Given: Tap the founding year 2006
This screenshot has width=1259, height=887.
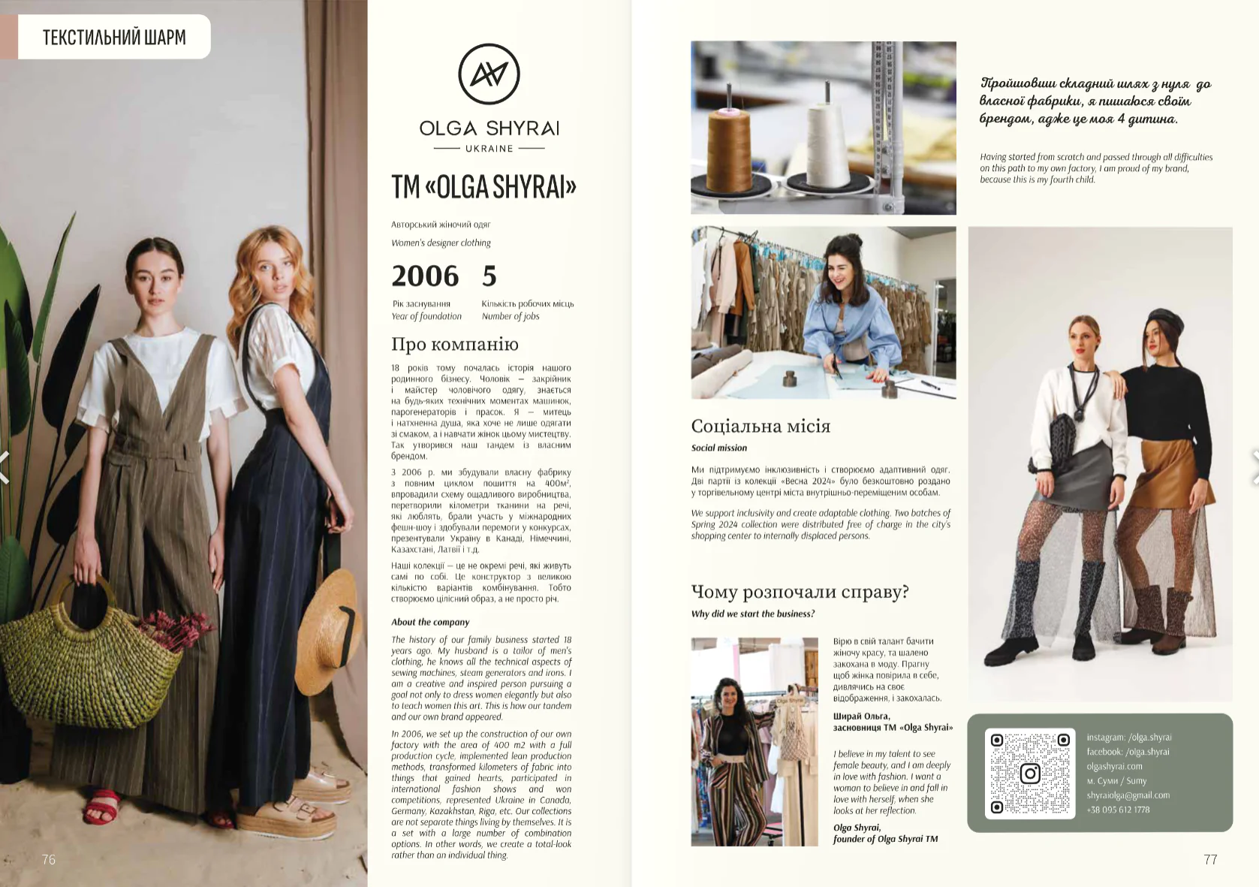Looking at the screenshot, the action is (x=425, y=276).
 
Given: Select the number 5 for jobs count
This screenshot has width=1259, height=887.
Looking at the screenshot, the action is (x=489, y=276).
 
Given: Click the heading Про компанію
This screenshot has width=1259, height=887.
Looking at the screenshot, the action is (x=455, y=344).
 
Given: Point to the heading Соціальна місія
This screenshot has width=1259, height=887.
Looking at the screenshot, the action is (x=761, y=426).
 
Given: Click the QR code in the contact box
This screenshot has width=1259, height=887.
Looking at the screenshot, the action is (x=1030, y=774).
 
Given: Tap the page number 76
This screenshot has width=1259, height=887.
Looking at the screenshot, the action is (x=48, y=859).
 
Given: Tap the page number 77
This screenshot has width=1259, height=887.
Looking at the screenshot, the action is (x=1210, y=859).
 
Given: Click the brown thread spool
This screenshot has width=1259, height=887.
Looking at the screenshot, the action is (x=730, y=146).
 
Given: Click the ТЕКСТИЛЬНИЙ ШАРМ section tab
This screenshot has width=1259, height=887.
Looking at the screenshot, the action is (x=114, y=37).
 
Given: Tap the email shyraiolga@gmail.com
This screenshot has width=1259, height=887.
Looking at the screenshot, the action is (x=1128, y=795).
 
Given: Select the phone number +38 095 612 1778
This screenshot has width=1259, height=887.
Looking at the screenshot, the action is (x=1118, y=810).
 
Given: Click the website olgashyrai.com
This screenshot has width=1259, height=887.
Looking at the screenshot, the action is (x=1115, y=766).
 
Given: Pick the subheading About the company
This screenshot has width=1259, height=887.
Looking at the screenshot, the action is (x=430, y=622).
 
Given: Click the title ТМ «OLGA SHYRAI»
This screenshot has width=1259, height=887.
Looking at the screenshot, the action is (x=484, y=187).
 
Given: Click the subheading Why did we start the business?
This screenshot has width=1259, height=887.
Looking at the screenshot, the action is (x=752, y=614).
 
